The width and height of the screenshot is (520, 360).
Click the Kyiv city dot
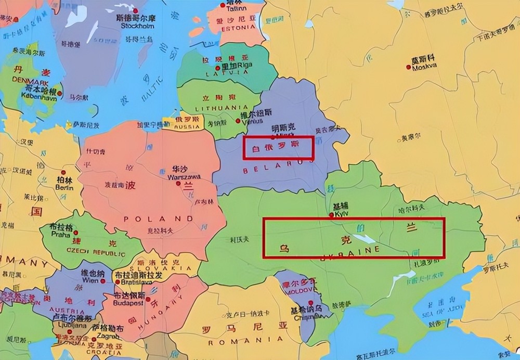(331, 214)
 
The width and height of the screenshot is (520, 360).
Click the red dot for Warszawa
(178, 183)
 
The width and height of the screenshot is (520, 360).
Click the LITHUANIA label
(217, 108)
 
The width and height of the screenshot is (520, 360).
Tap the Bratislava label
(133, 282)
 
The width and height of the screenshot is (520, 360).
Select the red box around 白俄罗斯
(279, 148)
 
